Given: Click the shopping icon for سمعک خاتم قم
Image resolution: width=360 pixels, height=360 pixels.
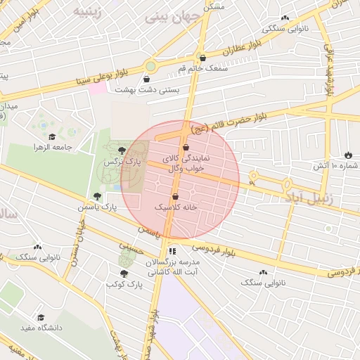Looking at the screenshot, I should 203,58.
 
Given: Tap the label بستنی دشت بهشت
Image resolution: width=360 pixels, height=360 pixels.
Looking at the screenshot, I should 179,90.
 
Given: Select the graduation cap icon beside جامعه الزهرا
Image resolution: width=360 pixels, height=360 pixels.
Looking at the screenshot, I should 51,137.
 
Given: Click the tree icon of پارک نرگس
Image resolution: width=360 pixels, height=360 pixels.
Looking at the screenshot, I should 122,150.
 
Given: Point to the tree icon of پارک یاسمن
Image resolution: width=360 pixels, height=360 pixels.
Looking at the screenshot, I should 97,196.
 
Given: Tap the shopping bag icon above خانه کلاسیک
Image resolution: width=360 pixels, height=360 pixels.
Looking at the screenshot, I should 175,196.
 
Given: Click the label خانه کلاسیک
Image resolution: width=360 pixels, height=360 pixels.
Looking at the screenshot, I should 175,208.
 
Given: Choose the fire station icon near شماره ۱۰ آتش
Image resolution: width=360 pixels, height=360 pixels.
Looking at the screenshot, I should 348,155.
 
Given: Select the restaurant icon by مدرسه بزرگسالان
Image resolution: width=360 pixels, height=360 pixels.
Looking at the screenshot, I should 173,250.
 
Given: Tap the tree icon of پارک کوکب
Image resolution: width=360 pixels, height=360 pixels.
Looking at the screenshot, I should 124,274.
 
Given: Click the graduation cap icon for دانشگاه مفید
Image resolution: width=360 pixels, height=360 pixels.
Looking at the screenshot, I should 40,318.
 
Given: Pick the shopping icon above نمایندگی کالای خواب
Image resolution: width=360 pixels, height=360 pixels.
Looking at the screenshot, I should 186,148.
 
